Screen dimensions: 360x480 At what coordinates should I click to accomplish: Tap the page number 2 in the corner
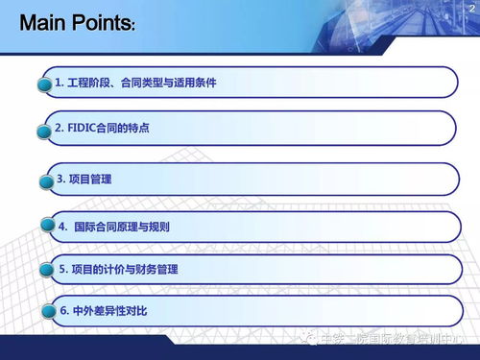pos(470,7)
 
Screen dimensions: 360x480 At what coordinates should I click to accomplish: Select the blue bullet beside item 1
pos(43,84)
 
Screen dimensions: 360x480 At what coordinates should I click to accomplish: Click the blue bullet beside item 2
pos(44,129)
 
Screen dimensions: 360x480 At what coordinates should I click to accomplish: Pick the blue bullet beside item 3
pos(44,180)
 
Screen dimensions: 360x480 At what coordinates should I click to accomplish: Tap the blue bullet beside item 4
pos(44,228)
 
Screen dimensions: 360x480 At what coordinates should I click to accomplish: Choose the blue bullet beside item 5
pos(45,271)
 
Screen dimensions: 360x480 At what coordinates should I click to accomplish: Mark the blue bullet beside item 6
pos(44,312)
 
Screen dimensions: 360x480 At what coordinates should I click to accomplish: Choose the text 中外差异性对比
pos(109,312)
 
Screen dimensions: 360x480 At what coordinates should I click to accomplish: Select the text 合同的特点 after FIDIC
pos(125,128)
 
